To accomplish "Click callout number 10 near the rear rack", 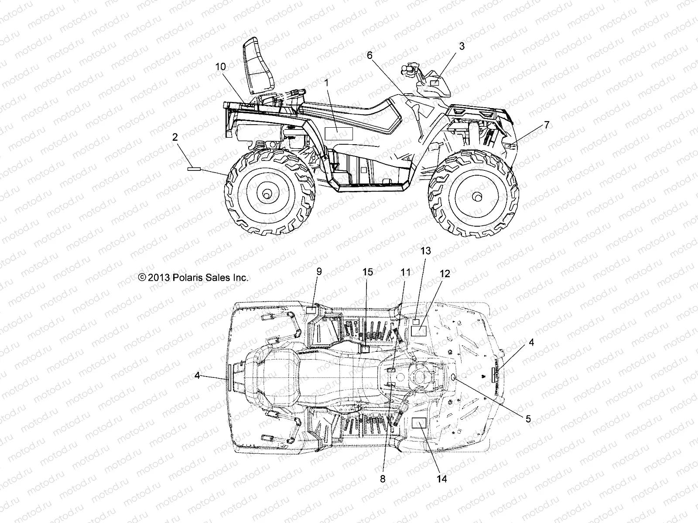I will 221,67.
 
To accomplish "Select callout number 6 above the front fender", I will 370,55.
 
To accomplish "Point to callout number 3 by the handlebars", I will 462,46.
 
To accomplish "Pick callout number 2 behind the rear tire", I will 175,137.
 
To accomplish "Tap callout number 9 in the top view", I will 319,271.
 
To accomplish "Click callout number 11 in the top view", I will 406,273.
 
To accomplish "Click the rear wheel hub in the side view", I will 270,192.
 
